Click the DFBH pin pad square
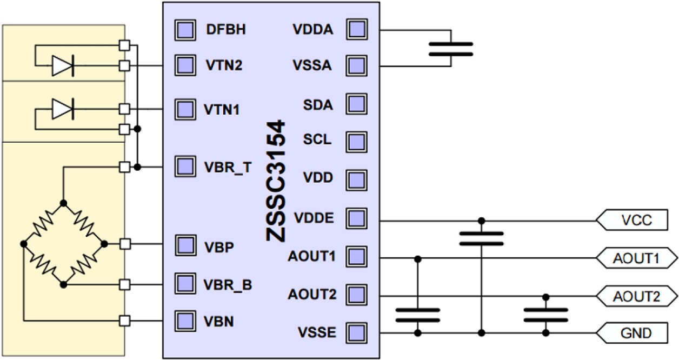pos(185,29)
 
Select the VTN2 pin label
pos(224,66)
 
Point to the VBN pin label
pos(218,322)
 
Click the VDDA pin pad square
pos(356,29)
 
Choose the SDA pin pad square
pos(356,104)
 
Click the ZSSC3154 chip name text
pos(276,181)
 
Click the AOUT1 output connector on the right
pos(636,258)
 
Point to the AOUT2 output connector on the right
pos(636,296)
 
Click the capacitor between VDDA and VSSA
pos(450,49)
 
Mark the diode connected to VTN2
pos(63,66)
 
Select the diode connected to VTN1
pos(63,109)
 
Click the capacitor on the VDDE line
pos(481,238)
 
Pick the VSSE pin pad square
pos(356,332)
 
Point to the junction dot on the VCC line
pos(481,221)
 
